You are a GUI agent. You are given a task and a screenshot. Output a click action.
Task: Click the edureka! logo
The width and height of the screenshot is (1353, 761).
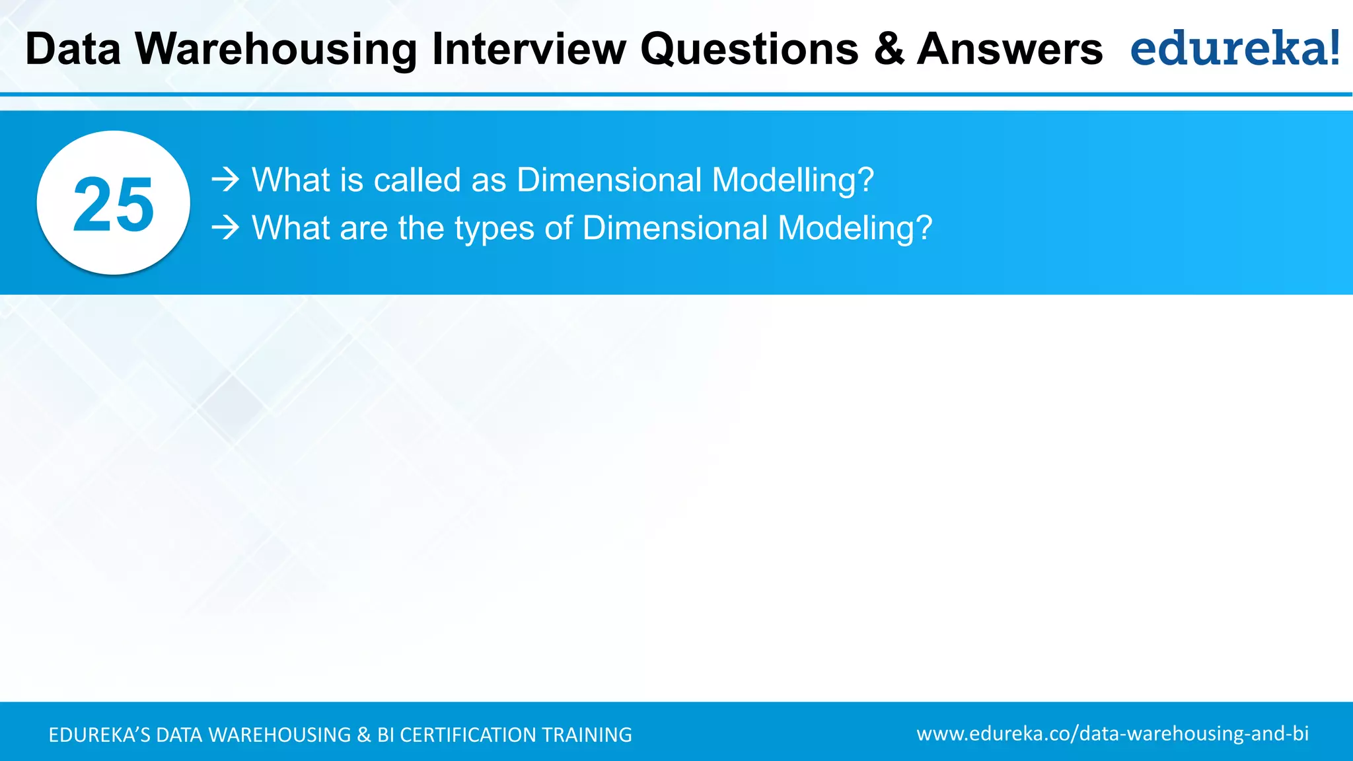click(1235, 49)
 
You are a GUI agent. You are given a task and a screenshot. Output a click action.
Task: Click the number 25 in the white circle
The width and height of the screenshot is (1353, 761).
click(114, 205)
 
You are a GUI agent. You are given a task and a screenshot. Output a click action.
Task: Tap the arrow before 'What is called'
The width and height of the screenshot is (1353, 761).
click(225, 180)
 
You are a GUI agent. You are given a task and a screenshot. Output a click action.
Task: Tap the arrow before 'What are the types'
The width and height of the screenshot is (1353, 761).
click(225, 228)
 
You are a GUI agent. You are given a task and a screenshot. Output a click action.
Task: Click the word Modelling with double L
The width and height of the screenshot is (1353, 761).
click(793, 180)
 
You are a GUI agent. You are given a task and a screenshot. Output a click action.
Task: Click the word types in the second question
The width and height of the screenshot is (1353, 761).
click(494, 229)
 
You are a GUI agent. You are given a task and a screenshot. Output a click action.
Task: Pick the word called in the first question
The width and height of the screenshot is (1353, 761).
click(417, 180)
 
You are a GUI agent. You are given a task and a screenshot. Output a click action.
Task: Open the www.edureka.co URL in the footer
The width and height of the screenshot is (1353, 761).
click(1113, 734)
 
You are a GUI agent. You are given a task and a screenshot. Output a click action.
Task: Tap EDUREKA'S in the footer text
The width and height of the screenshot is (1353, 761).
click(100, 735)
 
